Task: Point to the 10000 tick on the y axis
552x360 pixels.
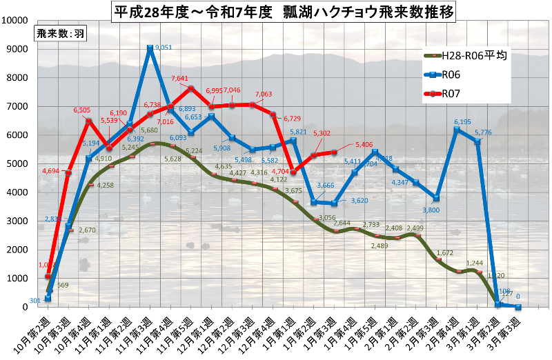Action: click(15, 20)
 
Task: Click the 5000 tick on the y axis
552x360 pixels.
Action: click(17, 164)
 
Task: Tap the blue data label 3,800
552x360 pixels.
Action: click(431, 210)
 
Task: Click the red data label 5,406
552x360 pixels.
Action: click(366, 145)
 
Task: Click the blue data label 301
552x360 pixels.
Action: click(36, 300)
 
